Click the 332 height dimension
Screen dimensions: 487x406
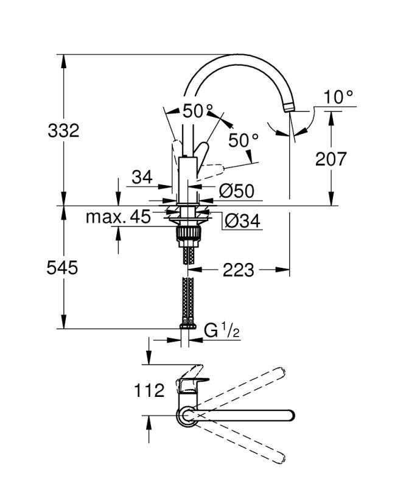tap(63, 130)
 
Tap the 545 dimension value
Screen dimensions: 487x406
tap(63, 267)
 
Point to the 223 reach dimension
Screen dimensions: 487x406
tap(239, 269)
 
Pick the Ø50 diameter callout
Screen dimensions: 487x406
tap(236, 191)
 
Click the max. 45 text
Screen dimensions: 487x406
tap(117, 217)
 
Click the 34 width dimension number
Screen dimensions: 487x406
tap(141, 177)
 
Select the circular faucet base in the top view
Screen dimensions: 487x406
tap(186, 416)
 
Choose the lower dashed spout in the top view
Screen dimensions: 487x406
tap(243, 444)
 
